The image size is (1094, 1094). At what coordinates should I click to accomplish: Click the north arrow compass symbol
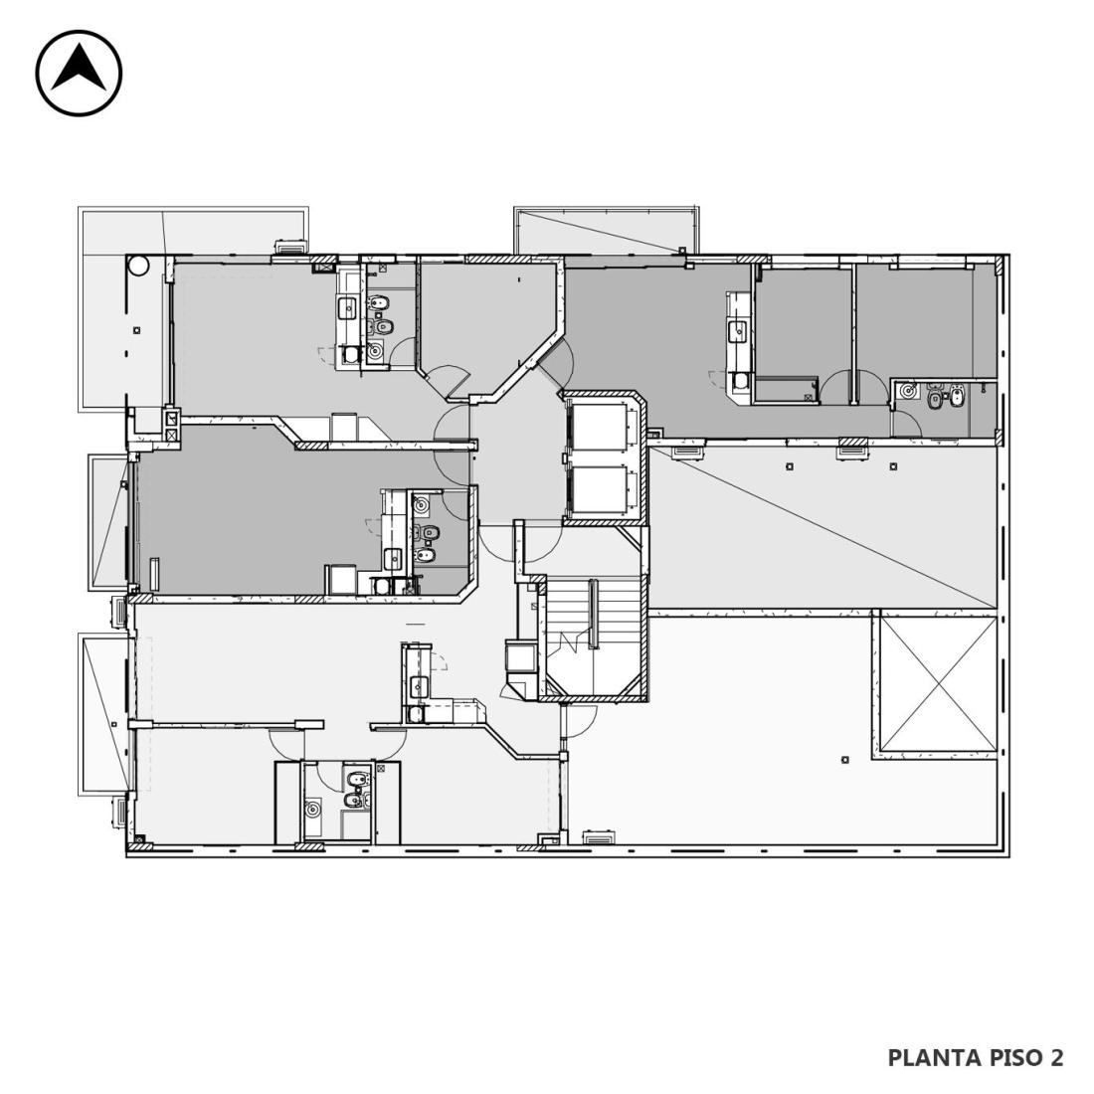(79, 73)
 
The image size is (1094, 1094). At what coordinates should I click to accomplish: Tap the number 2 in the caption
(1056, 1058)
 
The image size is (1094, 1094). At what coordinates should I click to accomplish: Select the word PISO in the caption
(1015, 1058)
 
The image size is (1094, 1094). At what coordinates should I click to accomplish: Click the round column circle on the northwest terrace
(138, 266)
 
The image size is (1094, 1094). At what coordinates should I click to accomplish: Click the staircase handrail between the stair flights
(593, 614)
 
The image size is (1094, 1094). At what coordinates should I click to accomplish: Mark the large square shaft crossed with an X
(937, 684)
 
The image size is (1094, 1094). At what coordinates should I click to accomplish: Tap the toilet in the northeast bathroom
(935, 400)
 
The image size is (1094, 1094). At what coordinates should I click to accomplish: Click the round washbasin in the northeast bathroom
(908, 391)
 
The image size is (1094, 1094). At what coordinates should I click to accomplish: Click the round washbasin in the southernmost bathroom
(312, 810)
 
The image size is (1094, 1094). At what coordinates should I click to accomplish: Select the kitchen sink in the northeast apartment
(738, 331)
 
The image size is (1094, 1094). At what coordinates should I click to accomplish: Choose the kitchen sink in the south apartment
(419, 685)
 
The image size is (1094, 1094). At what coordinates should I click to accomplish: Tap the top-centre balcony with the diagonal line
(606, 231)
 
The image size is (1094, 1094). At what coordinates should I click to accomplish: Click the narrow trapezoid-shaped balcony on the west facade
(108, 522)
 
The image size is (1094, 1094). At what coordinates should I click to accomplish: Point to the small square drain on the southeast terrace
(845, 759)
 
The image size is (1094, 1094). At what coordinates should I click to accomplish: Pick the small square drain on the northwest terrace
(137, 330)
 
